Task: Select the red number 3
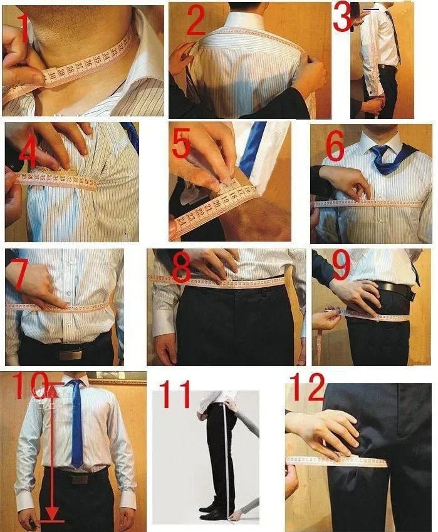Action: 342,18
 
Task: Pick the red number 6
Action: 335,148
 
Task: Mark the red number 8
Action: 181,268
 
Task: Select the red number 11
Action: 176,396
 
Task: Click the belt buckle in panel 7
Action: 70,354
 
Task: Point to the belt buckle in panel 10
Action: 80,479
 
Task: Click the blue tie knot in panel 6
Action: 379,152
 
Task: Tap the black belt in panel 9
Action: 395,290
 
